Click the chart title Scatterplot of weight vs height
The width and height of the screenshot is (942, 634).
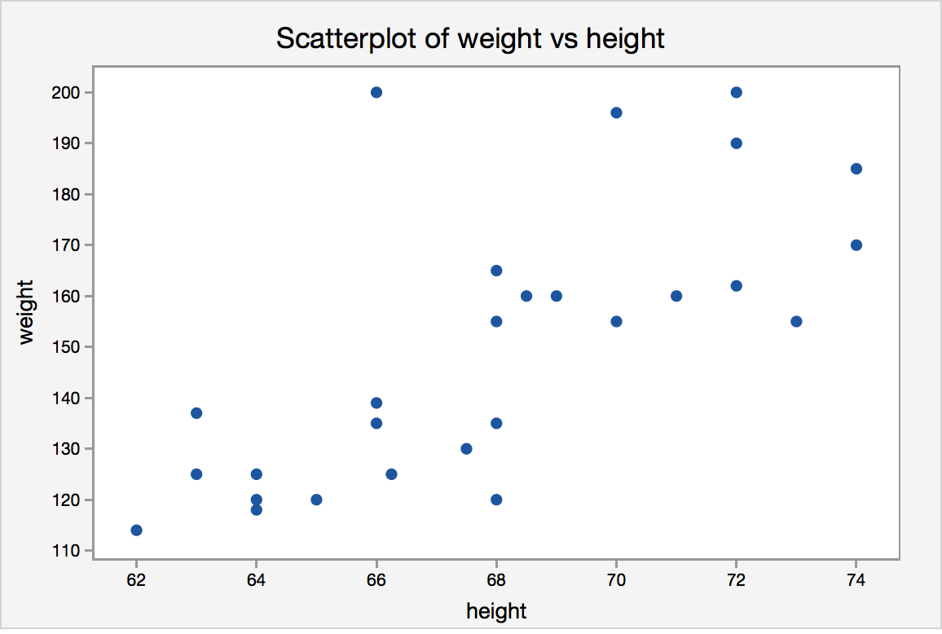(470, 37)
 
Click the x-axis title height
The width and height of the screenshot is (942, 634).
(496, 610)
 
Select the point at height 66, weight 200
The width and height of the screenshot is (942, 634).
(376, 92)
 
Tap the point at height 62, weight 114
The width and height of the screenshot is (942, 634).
(136, 531)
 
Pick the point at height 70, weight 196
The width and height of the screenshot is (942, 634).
(616, 112)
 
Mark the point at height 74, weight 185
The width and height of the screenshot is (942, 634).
(856, 169)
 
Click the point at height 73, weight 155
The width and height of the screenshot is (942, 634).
(796, 321)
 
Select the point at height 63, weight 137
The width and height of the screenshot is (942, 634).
(196, 413)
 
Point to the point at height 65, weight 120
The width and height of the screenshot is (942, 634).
(316, 500)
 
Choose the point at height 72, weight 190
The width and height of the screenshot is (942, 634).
(736, 143)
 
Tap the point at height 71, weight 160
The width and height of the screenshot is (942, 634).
(676, 296)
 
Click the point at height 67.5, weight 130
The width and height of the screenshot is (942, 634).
(466, 449)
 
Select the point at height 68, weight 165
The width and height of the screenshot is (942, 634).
(496, 271)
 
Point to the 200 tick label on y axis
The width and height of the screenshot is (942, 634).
(67, 92)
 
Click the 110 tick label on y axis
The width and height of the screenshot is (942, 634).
(67, 551)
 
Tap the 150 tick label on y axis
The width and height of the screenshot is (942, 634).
(67, 347)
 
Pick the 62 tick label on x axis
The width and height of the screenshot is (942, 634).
(136, 579)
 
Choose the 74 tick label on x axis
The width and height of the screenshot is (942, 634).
(856, 579)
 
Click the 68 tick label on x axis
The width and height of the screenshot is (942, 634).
(496, 579)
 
